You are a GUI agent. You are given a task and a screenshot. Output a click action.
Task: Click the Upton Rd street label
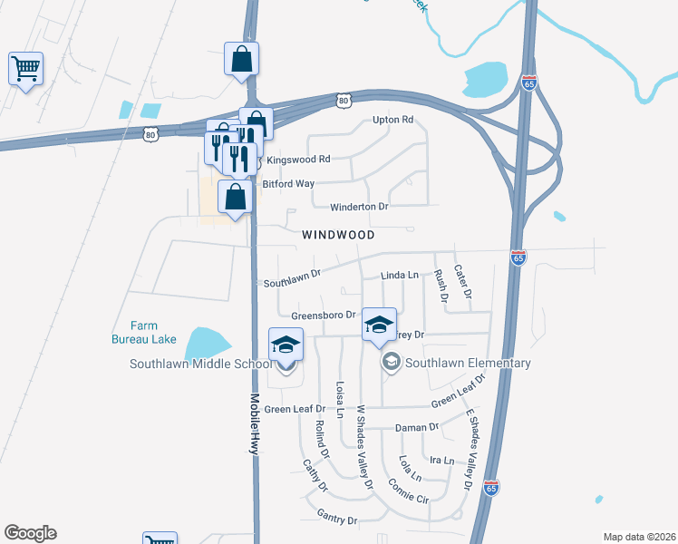pos(392,120)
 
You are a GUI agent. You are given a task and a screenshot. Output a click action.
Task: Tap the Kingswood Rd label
pos(298,159)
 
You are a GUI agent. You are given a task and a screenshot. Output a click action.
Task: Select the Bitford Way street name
pos(288,183)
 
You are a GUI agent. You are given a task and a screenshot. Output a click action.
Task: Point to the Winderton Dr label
pos(359,207)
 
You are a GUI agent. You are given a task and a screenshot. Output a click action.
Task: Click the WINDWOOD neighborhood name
pos(338,234)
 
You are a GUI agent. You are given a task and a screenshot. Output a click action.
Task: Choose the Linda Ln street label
pos(400,275)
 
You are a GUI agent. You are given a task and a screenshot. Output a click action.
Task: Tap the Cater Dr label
pos(461,282)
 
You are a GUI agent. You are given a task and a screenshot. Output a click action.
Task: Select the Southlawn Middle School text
pos(200,364)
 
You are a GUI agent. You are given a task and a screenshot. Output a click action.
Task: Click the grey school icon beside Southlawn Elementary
pos(392,363)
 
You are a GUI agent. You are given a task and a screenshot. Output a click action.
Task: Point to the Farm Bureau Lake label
pos(144,333)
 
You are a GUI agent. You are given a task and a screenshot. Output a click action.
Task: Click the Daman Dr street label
pos(417,427)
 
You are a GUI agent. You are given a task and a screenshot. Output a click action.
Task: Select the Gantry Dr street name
pos(337,518)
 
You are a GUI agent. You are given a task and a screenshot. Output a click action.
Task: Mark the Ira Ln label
pos(441,461)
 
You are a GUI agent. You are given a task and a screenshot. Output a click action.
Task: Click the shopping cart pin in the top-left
pos(25,67)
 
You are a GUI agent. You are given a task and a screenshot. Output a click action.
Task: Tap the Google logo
pos(30,533)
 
